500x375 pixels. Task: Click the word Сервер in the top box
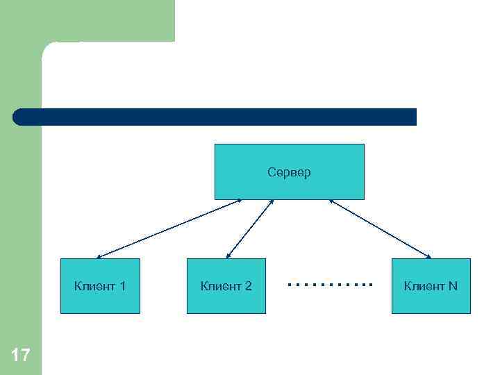(x=289, y=172)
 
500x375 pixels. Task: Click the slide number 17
(x=21, y=356)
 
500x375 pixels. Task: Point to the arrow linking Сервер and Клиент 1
(x=169, y=229)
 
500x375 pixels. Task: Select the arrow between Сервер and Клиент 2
(x=250, y=229)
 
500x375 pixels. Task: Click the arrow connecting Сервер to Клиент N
(x=380, y=229)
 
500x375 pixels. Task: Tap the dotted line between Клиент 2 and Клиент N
(x=330, y=285)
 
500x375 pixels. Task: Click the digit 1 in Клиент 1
(x=122, y=286)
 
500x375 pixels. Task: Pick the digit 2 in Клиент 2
(x=248, y=286)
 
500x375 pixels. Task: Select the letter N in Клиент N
(x=453, y=286)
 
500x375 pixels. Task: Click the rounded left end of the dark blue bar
(x=19, y=117)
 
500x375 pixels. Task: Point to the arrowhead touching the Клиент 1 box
(x=99, y=257)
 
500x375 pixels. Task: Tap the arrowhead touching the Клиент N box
(x=428, y=257)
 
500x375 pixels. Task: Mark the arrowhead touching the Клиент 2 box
(x=228, y=257)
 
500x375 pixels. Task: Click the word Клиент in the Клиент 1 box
(x=94, y=286)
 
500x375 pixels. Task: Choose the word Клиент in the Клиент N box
(x=424, y=286)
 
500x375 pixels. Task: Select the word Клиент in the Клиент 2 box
(x=220, y=286)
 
